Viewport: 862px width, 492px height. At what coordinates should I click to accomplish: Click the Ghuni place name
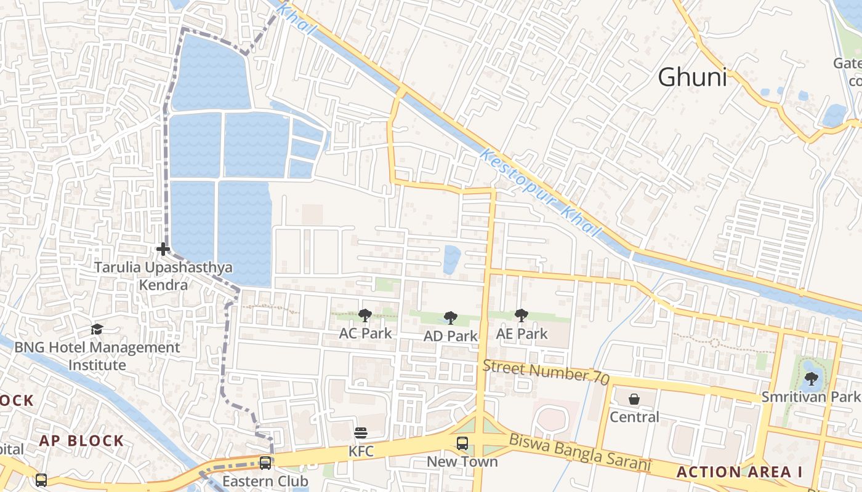pos(692,78)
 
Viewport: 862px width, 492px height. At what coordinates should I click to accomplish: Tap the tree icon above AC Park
pos(365,315)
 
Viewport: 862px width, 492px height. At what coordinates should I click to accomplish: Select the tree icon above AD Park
pos(451,318)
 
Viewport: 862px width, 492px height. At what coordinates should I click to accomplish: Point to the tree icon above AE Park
pos(522,315)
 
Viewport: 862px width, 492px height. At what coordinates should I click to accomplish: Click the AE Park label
pos(522,334)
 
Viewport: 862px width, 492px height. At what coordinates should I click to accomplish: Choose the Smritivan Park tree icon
pos(812,379)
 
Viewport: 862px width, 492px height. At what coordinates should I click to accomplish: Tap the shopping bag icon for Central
pos(634,399)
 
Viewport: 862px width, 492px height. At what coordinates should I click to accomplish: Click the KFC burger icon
pos(361,434)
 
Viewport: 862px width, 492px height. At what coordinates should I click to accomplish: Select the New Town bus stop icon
pos(462,443)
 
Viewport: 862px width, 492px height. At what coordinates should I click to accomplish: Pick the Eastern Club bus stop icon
pos(265,462)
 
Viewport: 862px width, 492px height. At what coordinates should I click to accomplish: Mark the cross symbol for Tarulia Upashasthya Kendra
pos(163,249)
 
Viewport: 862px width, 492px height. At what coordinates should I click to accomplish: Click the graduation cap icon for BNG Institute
pos(97,330)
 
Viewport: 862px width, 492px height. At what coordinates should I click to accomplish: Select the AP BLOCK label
pos(82,440)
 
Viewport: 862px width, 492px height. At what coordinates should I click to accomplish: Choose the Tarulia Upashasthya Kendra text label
pos(163,276)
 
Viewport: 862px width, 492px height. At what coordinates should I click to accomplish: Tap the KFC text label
pos(361,451)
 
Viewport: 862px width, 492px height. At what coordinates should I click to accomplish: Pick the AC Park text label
pos(365,333)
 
